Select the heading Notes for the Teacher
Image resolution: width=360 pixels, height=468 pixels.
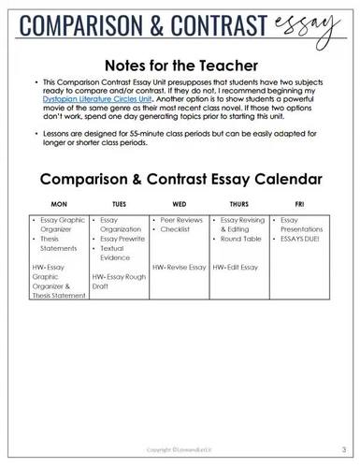(x=180, y=66)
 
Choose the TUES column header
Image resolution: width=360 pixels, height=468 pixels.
(x=118, y=202)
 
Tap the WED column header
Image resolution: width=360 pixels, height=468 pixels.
(x=180, y=202)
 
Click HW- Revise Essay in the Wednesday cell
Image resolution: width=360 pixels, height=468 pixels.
(x=179, y=267)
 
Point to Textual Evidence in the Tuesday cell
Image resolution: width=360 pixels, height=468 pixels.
(x=116, y=252)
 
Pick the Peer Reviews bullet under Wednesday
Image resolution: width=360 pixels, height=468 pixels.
(x=180, y=218)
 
